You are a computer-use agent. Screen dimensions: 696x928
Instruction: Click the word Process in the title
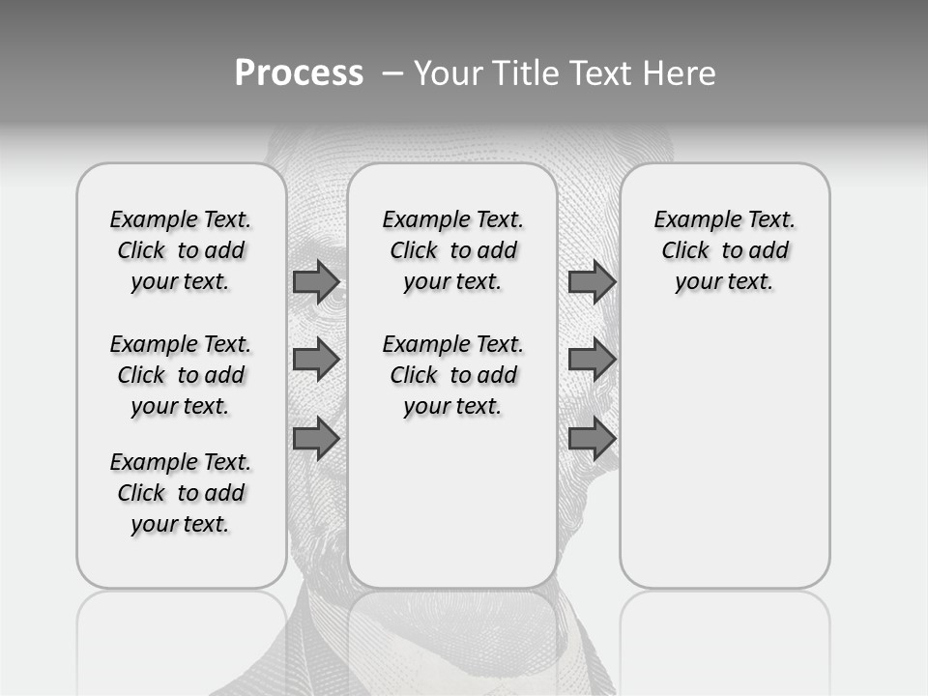pos(299,73)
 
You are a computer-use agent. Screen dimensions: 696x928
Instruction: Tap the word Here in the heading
pos(678,73)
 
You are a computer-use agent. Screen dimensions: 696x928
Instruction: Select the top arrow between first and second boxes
pos(316,282)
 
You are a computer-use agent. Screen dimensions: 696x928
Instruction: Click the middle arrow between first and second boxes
pos(316,360)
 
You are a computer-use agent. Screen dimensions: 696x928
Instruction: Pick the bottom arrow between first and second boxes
pos(316,438)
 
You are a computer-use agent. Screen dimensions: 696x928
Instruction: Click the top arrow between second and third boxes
pos(592,282)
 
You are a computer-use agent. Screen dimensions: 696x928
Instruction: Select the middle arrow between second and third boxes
pos(592,360)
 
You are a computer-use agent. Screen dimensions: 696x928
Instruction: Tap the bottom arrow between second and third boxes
pos(592,438)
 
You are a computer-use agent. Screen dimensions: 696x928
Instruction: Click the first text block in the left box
pos(181,250)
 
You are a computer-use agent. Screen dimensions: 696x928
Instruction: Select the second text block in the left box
pos(181,375)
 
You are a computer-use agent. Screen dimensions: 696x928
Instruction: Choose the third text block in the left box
pos(181,493)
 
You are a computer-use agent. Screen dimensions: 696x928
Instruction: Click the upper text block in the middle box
pos(453,250)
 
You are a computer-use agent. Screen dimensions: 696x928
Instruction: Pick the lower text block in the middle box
pos(453,375)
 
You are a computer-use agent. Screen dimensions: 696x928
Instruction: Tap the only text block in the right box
pos(725,250)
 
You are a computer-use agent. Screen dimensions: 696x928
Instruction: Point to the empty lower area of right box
pos(725,454)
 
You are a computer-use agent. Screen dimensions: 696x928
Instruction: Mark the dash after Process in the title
pos(391,73)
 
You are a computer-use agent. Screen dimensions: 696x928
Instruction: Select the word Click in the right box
pos(685,251)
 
